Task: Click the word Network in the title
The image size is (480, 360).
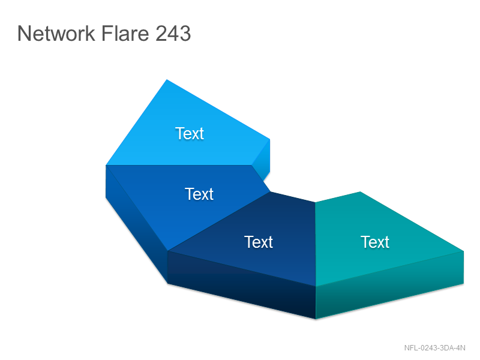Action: click(x=56, y=33)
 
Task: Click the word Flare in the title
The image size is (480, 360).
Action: click(x=125, y=33)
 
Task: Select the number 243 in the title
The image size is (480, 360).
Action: click(x=173, y=33)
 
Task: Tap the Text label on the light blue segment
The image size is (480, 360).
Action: click(x=190, y=133)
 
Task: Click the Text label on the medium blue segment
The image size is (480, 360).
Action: click(x=199, y=194)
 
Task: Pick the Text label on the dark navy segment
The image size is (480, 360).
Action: click(x=259, y=242)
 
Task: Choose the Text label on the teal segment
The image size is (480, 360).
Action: click(x=374, y=242)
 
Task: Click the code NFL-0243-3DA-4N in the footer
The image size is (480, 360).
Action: click(x=434, y=348)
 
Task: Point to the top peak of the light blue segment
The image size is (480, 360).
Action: click(x=167, y=80)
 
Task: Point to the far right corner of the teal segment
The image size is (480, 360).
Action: click(x=464, y=251)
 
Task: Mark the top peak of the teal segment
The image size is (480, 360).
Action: click(x=360, y=191)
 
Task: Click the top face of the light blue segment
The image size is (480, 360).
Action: click(x=187, y=131)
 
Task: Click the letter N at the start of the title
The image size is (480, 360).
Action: click(x=23, y=33)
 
